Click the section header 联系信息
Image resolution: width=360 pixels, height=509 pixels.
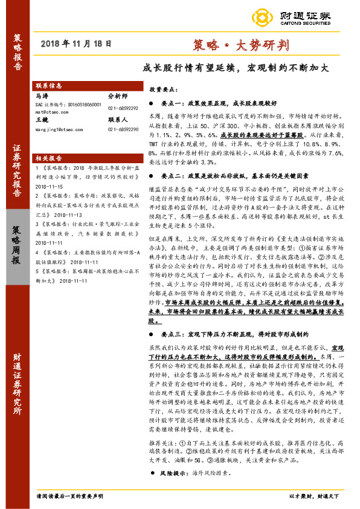click(48, 86)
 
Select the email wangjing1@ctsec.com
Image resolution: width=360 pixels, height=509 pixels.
click(59, 129)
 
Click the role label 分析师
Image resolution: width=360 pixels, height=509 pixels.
click(118, 96)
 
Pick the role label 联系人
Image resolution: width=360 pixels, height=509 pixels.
click(118, 120)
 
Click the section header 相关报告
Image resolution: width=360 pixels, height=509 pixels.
click(48, 157)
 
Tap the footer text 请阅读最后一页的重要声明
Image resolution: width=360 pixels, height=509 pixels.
click(68, 495)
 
